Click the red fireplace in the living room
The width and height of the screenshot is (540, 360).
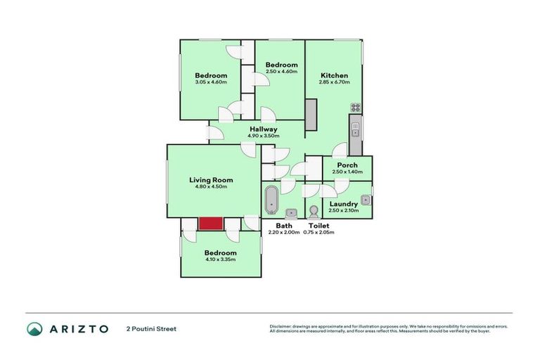pyautogui.click(x=210, y=223)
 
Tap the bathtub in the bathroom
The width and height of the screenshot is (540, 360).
pyautogui.click(x=271, y=200)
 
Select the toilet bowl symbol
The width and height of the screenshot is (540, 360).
pyautogui.click(x=313, y=210)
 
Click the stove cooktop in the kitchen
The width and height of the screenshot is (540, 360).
pyautogui.click(x=356, y=108)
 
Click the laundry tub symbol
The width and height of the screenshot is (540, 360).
pyautogui.click(x=366, y=199)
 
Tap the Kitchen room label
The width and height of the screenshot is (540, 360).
pyautogui.click(x=334, y=76)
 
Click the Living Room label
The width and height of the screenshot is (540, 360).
pyautogui.click(x=211, y=180)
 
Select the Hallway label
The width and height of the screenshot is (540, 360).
pyautogui.click(x=264, y=129)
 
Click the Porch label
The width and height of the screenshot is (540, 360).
pyautogui.click(x=347, y=165)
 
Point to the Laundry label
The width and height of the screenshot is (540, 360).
pyautogui.click(x=344, y=204)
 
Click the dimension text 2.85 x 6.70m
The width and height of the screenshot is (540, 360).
pyautogui.click(x=334, y=84)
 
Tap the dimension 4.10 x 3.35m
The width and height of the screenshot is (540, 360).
pyautogui.click(x=220, y=259)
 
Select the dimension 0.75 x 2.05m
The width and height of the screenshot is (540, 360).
pyautogui.click(x=319, y=232)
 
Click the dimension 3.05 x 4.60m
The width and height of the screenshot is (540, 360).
pyautogui.click(x=211, y=84)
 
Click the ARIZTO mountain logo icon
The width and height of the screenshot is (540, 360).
pyautogui.click(x=34, y=328)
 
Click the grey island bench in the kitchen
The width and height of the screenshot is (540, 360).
pyautogui.click(x=311, y=114)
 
